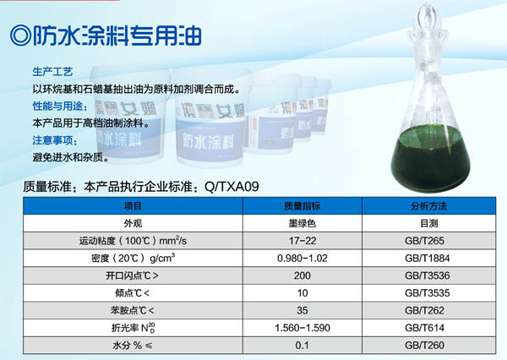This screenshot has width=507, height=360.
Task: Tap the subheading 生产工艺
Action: coord(52,72)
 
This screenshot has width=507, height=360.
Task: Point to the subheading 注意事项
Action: coord(55,140)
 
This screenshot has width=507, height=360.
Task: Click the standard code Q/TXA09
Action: coord(232,187)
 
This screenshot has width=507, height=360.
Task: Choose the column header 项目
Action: coord(133,206)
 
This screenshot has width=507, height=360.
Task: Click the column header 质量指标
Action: coord(303,206)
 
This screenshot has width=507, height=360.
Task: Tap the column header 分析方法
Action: coord(428,206)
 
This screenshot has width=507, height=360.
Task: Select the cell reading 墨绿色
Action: coord(303,223)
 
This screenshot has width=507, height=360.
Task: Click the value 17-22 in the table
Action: coord(303,241)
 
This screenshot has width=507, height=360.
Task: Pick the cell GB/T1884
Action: coord(427,259)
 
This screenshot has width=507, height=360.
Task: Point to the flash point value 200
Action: coord(303,275)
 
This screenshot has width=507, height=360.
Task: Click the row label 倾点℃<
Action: coord(133,293)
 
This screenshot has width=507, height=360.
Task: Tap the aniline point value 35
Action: coord(303,310)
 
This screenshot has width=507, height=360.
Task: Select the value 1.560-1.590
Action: coord(303,328)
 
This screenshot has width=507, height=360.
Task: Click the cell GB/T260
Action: coord(424,346)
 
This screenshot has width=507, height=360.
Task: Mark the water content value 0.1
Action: coord(302,346)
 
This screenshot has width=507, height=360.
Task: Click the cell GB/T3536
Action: coord(427,275)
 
